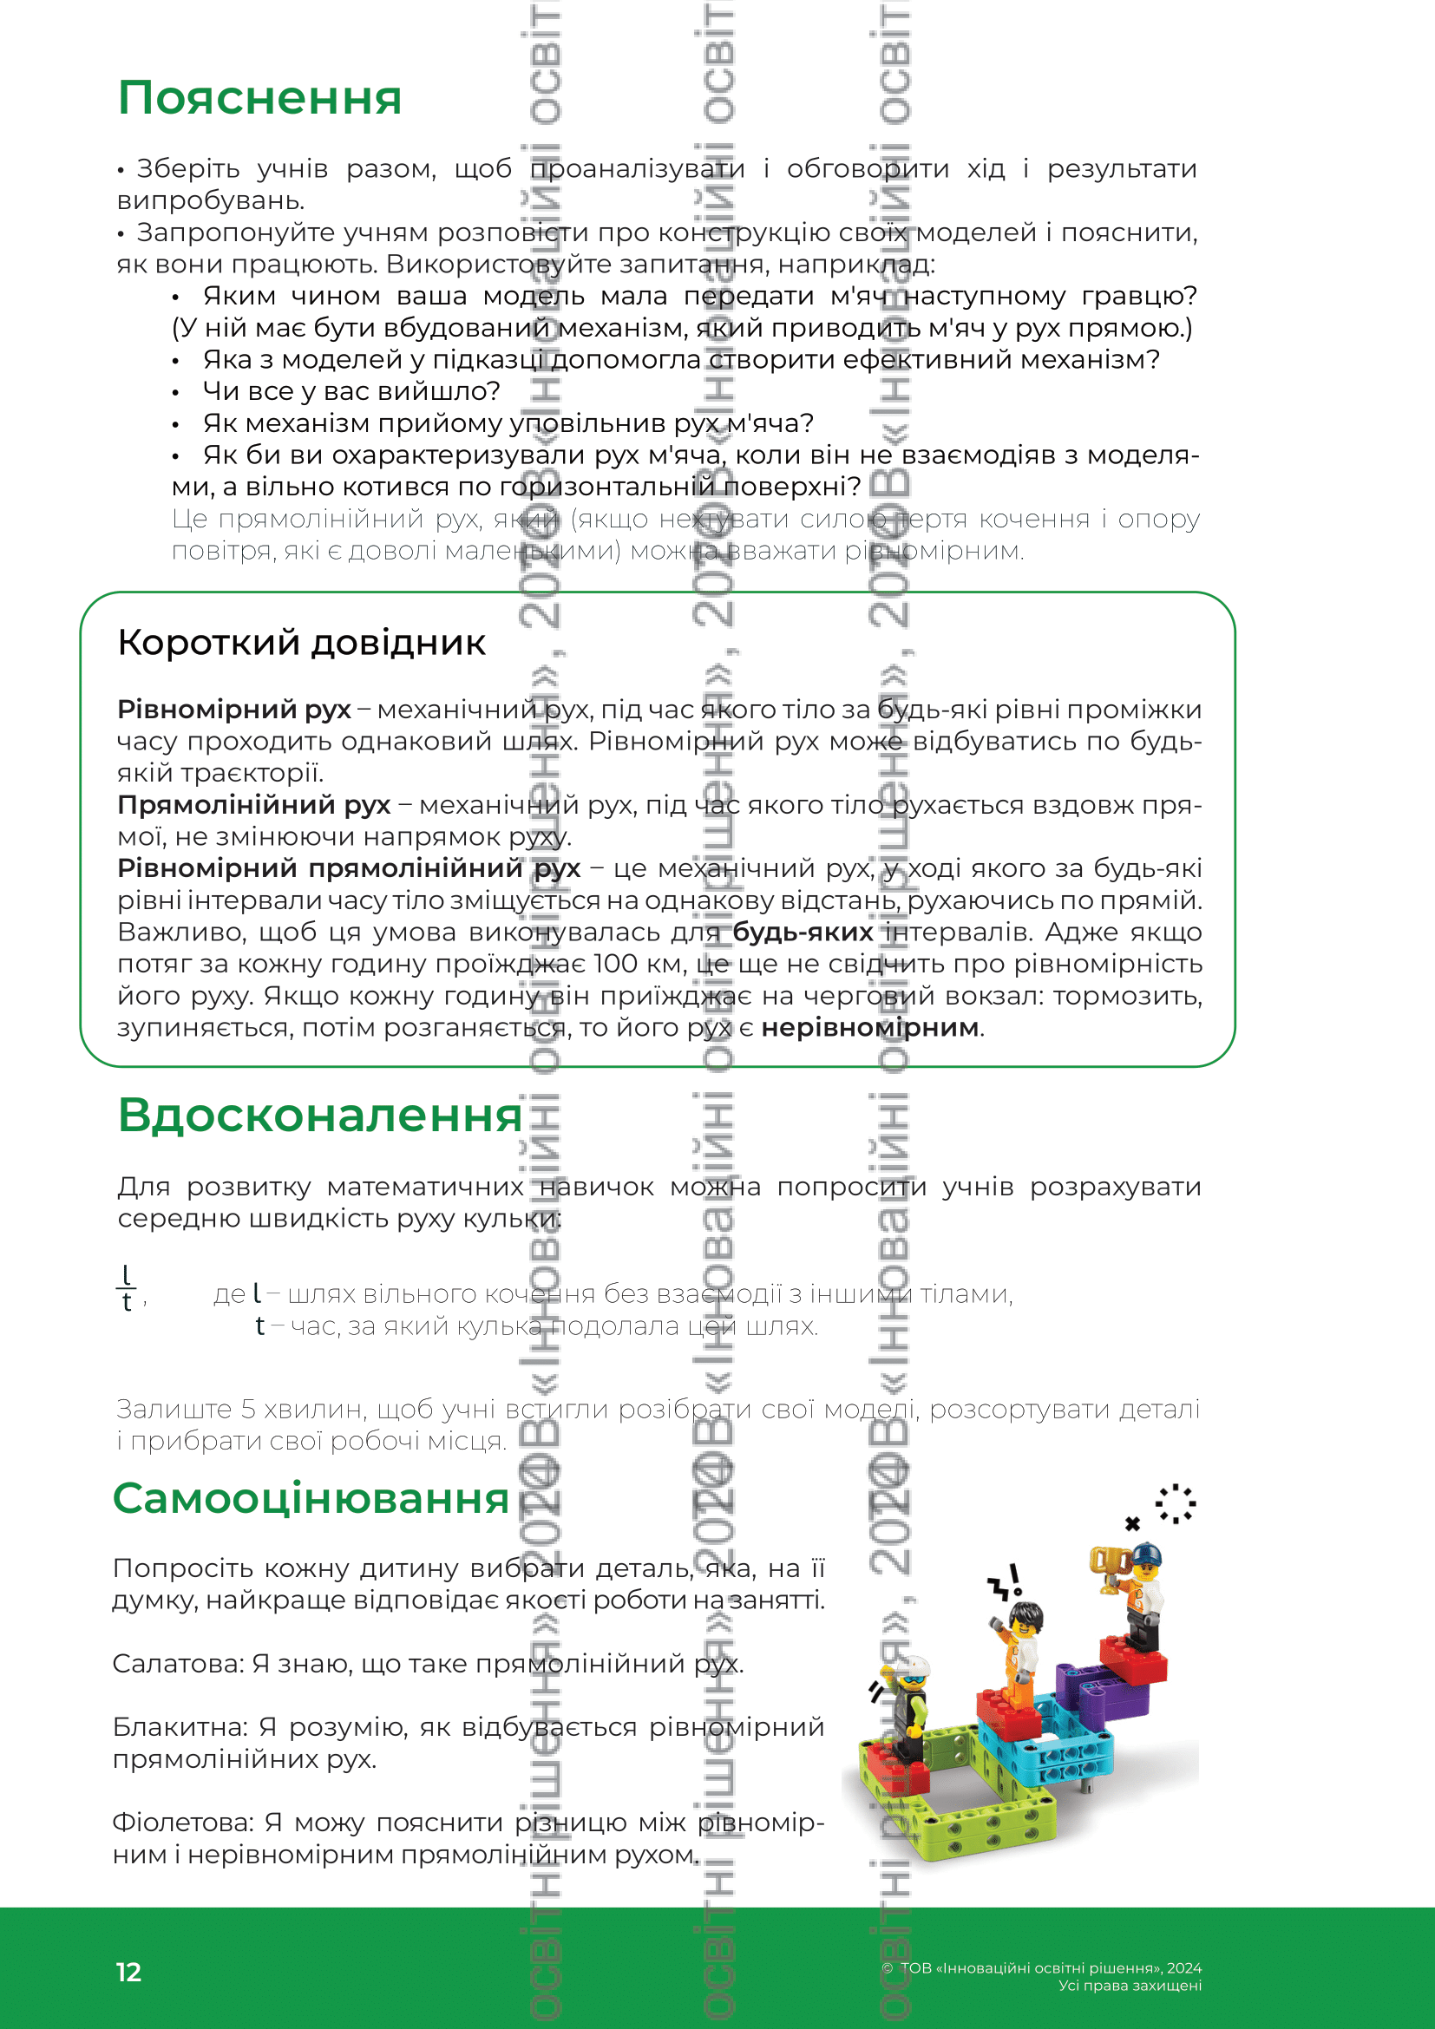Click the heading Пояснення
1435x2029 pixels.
click(259, 97)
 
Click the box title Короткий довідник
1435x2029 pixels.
click(301, 643)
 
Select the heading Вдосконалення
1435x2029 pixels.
click(320, 1115)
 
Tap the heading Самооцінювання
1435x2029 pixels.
click(311, 1498)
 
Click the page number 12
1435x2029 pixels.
click(128, 1973)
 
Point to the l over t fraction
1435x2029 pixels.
click(127, 1288)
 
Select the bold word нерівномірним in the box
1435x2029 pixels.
click(870, 1028)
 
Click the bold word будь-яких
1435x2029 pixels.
click(803, 933)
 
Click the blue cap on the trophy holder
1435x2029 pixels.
click(1147, 1554)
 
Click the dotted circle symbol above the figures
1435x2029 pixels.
click(1176, 1503)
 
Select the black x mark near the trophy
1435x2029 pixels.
click(1133, 1523)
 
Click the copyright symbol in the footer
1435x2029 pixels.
click(888, 1968)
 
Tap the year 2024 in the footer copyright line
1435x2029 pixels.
click(1184, 1968)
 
